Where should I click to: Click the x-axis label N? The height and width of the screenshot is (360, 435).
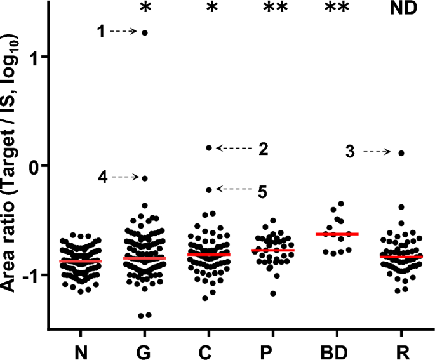pyautogui.click(x=81, y=350)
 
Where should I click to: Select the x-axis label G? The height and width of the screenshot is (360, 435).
pyautogui.click(x=145, y=350)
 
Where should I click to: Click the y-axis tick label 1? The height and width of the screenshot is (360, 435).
pyautogui.click(x=36, y=57)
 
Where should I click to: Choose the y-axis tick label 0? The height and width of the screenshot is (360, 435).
pyautogui.click(x=36, y=166)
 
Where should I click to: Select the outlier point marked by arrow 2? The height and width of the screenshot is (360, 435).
pyautogui.click(x=209, y=148)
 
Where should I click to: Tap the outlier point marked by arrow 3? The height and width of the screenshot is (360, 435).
pyautogui.click(x=401, y=153)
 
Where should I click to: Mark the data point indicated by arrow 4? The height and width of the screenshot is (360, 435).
pyautogui.click(x=145, y=178)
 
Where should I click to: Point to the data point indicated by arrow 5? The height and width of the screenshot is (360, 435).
pyautogui.click(x=209, y=189)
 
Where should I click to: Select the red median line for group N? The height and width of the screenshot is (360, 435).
pyautogui.click(x=81, y=261)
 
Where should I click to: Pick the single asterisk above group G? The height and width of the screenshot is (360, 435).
pyautogui.click(x=145, y=9)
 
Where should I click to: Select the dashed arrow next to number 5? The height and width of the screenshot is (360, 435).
pyautogui.click(x=234, y=189)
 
